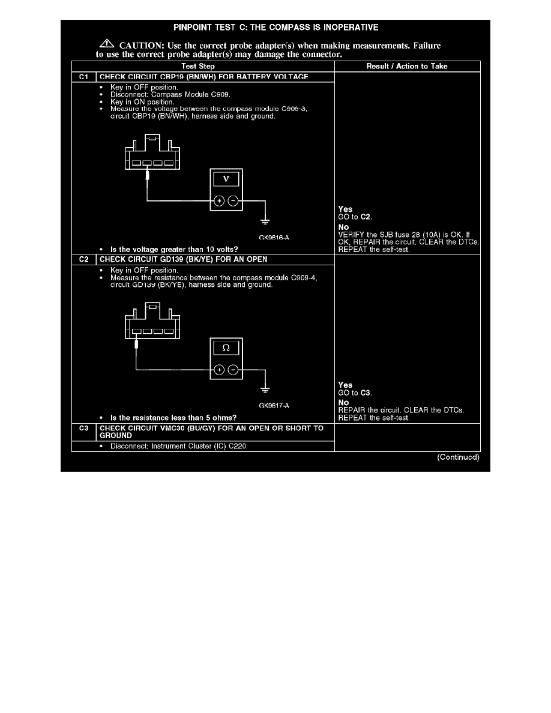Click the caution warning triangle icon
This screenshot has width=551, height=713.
pyautogui.click(x=107, y=44)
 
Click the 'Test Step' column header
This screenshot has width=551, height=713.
pyautogui.click(x=197, y=67)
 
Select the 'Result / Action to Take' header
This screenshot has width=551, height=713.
pyautogui.click(x=407, y=67)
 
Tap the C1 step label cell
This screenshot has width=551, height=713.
pyautogui.click(x=83, y=77)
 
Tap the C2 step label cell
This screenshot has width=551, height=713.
pyautogui.click(x=83, y=259)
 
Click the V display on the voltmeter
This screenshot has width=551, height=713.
pyautogui.click(x=226, y=179)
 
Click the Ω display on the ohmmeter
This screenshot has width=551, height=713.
pyautogui.click(x=226, y=348)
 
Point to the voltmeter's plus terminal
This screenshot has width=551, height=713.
pyautogui.click(x=219, y=200)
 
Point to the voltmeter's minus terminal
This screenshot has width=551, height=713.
pyautogui.click(x=233, y=200)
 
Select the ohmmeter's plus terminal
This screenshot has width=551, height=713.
pyautogui.click(x=219, y=370)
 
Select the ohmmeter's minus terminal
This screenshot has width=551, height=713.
pyautogui.click(x=233, y=370)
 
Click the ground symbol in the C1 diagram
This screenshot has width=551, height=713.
pyautogui.click(x=265, y=222)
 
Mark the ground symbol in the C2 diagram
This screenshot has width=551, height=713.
pyautogui.click(x=265, y=390)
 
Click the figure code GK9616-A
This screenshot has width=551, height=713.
pyautogui.click(x=274, y=237)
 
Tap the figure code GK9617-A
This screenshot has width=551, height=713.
pyautogui.click(x=274, y=406)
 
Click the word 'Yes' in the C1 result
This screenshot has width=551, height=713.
pyautogui.click(x=345, y=209)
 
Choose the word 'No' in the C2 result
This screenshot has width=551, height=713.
pyautogui.click(x=343, y=403)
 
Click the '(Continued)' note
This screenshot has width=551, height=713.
pyautogui.click(x=458, y=457)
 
